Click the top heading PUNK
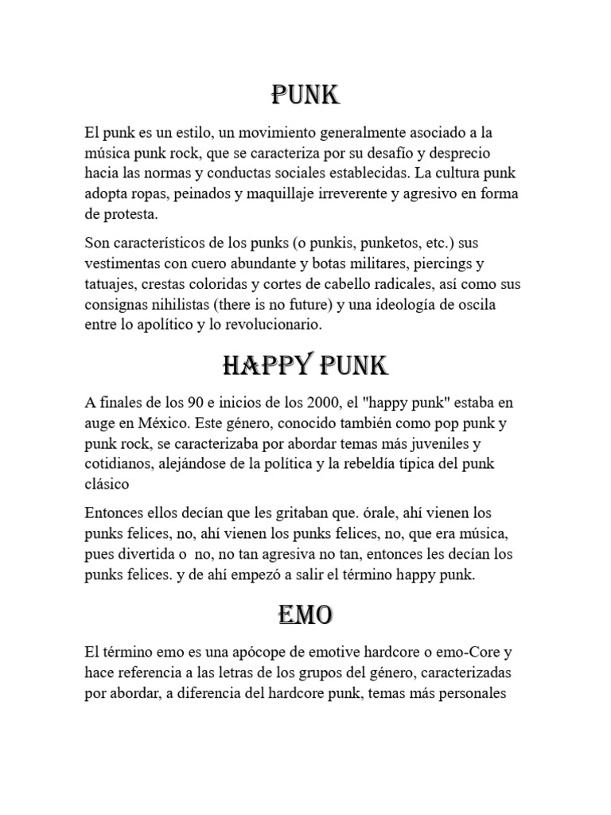click(305, 96)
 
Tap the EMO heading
click(305, 614)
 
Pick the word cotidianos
click(119, 462)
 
